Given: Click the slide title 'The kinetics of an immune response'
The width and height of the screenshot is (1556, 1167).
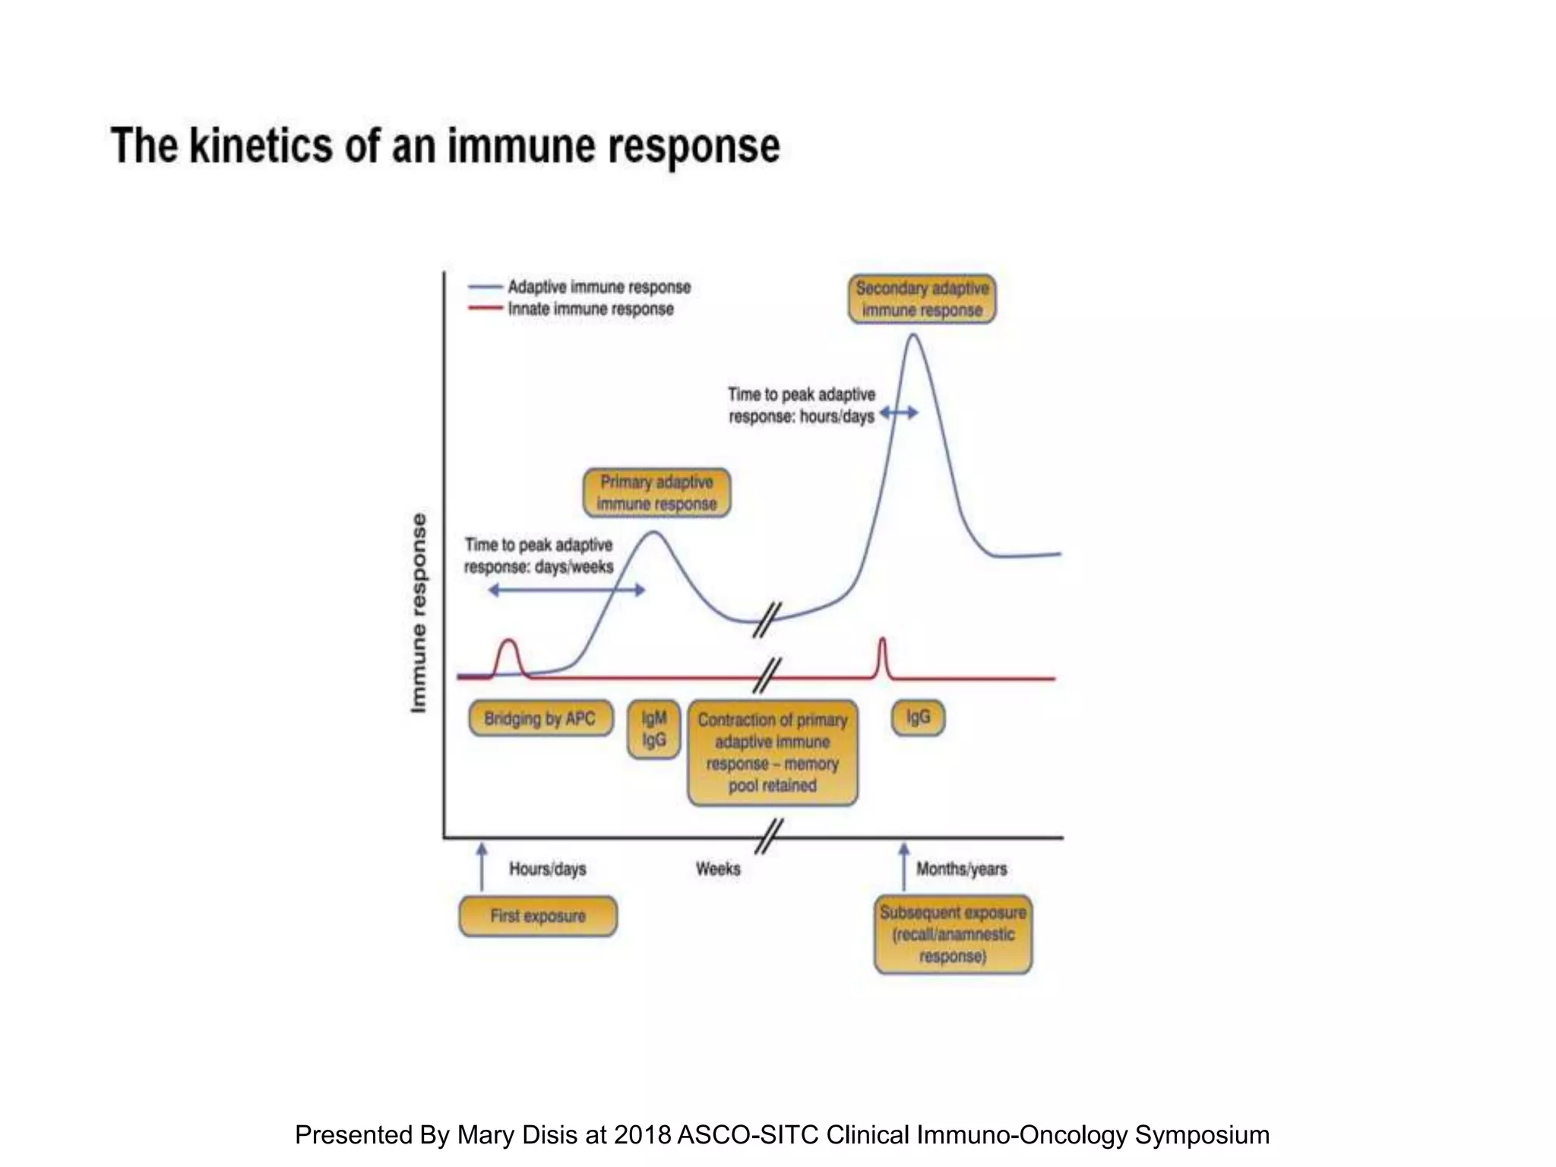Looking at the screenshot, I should tap(445, 146).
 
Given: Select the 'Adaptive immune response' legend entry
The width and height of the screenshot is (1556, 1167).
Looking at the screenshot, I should tap(599, 287).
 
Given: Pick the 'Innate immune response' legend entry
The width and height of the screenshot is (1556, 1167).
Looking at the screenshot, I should tap(590, 309).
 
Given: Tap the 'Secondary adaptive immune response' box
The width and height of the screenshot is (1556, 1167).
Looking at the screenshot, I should tap(922, 299).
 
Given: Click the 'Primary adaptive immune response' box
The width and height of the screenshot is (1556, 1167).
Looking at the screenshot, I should tap(656, 493).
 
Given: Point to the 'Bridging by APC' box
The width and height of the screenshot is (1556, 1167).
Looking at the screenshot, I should tap(540, 718).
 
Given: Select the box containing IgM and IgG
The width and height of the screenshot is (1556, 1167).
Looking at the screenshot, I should tap(653, 729).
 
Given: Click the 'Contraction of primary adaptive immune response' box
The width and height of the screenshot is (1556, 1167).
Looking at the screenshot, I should tap(772, 752).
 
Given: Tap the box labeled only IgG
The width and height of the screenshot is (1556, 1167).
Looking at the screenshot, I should tap(918, 717).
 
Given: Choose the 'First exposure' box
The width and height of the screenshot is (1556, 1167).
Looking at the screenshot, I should tap(538, 916).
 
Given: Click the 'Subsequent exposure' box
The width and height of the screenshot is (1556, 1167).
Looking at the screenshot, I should tap(953, 935).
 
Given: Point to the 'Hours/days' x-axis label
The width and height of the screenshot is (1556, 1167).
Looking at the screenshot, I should tap(547, 868).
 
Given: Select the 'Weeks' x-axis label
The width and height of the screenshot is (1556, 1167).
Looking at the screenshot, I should tap(718, 868).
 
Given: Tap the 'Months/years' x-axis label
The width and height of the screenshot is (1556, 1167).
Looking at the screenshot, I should tap(961, 868).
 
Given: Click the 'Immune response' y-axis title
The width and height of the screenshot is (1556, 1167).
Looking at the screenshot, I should tap(419, 612).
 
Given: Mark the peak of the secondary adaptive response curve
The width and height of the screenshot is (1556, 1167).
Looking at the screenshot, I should tap(912, 335).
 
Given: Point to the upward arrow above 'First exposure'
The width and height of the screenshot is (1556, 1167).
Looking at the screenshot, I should tap(482, 866).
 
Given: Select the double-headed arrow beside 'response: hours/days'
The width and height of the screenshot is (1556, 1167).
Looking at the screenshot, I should tap(899, 413).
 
